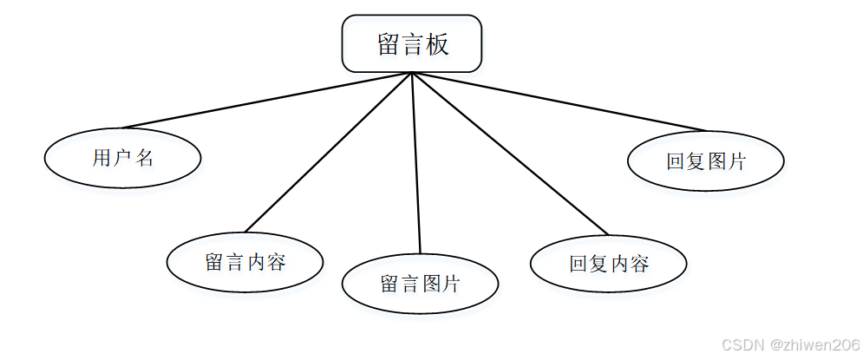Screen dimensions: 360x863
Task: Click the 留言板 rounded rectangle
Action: tap(411, 43)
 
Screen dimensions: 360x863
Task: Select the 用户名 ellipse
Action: tap(122, 157)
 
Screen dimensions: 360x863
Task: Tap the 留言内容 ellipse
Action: tap(245, 262)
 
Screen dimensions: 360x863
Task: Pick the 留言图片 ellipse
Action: tap(420, 284)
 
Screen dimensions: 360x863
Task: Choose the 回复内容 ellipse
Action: tap(608, 264)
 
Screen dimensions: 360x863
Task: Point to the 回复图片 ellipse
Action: tap(705, 160)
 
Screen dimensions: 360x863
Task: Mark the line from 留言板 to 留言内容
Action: tap(328, 153)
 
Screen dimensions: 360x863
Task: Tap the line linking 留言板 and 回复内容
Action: tap(510, 154)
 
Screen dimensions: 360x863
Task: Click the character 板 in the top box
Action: tap(438, 44)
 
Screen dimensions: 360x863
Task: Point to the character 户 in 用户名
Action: tap(122, 158)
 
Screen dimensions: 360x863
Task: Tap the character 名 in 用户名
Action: tap(144, 158)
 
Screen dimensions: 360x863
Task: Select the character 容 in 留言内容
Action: tap(276, 263)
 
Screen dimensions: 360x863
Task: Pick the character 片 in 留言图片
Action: tap(451, 284)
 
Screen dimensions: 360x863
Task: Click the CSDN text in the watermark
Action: tap(741, 344)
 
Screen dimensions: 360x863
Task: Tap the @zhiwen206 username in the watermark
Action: tap(812, 344)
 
